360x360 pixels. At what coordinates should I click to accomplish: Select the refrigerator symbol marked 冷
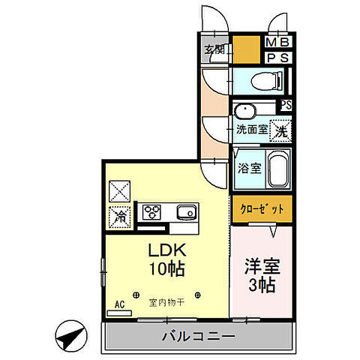tap(120, 216)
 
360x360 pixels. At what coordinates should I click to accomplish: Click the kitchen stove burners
tap(153, 212)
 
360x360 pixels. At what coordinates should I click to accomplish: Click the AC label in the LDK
tap(118, 304)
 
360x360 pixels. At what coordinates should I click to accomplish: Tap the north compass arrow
tap(69, 335)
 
